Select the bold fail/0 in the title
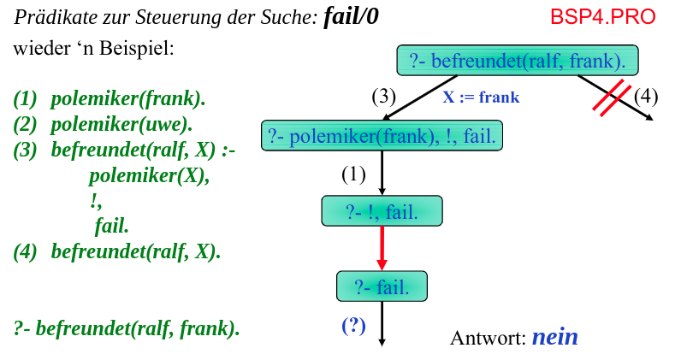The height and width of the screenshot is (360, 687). click(351, 17)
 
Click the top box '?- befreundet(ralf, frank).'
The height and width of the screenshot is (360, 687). click(518, 61)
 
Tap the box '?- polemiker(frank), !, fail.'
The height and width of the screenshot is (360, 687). click(382, 136)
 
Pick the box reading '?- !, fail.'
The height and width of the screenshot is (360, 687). click(382, 211)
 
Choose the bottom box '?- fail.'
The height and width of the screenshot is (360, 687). click(382, 286)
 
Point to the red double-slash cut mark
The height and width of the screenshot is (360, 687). click(613, 97)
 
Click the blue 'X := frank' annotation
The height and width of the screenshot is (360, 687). click(480, 97)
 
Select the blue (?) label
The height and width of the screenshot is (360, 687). click(354, 325)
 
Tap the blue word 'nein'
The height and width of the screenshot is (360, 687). click(554, 337)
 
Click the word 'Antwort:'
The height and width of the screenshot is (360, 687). click(488, 338)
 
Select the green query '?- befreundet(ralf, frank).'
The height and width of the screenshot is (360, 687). click(127, 328)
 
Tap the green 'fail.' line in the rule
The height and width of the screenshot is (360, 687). click(111, 227)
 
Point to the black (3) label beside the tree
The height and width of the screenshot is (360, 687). click(383, 95)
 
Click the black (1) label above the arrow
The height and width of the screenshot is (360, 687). click(353, 174)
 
